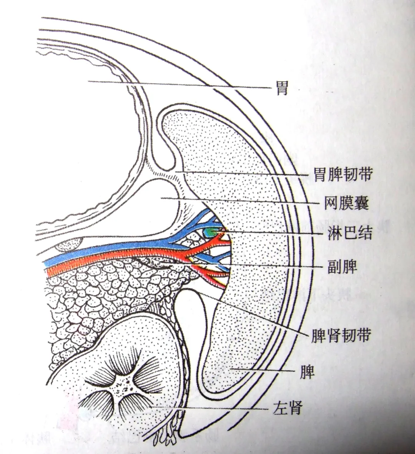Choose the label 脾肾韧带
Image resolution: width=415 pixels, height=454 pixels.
340,335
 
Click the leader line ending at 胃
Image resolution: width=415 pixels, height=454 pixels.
181,84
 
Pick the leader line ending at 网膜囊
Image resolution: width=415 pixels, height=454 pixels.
238,200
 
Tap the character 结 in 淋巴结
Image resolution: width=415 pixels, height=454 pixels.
364,233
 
